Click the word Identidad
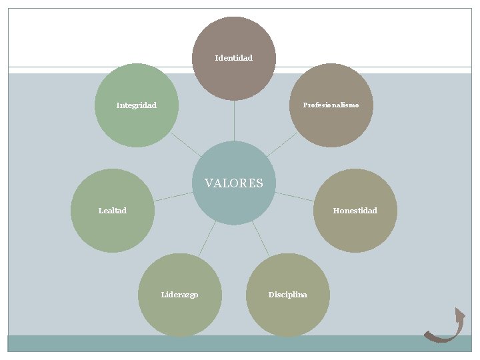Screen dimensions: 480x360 233,58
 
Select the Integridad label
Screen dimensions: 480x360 136,105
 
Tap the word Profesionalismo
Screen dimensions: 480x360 331,105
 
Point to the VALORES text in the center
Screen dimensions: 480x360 233,183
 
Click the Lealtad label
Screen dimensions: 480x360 112,211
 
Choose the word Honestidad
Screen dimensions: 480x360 355,211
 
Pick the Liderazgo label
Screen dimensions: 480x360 179,295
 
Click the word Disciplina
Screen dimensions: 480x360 287,295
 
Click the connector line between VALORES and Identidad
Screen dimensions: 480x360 234,121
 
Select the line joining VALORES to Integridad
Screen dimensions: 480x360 185,144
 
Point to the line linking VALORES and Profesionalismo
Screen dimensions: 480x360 283,144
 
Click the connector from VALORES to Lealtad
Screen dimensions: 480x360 173,197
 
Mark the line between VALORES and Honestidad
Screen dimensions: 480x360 294,197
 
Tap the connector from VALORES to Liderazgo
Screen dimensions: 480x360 207,239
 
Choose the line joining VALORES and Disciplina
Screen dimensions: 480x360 261,239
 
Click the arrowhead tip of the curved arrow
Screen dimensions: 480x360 459,309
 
